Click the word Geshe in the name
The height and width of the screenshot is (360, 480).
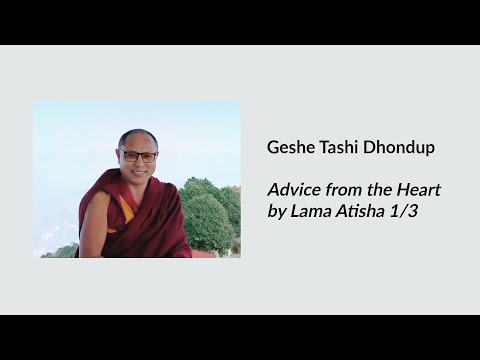288,148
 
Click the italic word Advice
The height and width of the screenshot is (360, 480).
289,190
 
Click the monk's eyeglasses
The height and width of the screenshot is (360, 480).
139,156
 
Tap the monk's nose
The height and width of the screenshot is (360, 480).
139,161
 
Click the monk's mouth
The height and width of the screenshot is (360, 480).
139,171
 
